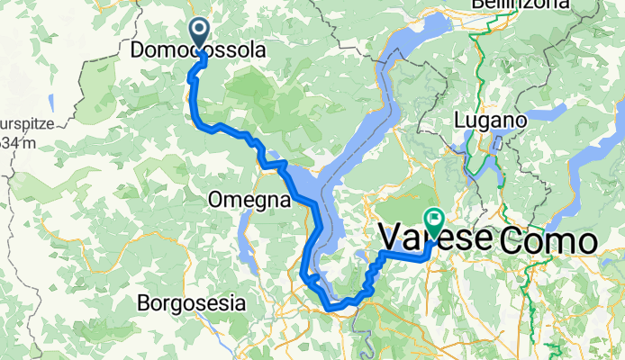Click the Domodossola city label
[199, 52]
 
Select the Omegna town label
[250, 199]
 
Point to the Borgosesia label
[191, 303]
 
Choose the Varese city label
[436, 238]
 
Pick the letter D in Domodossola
[138, 52]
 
